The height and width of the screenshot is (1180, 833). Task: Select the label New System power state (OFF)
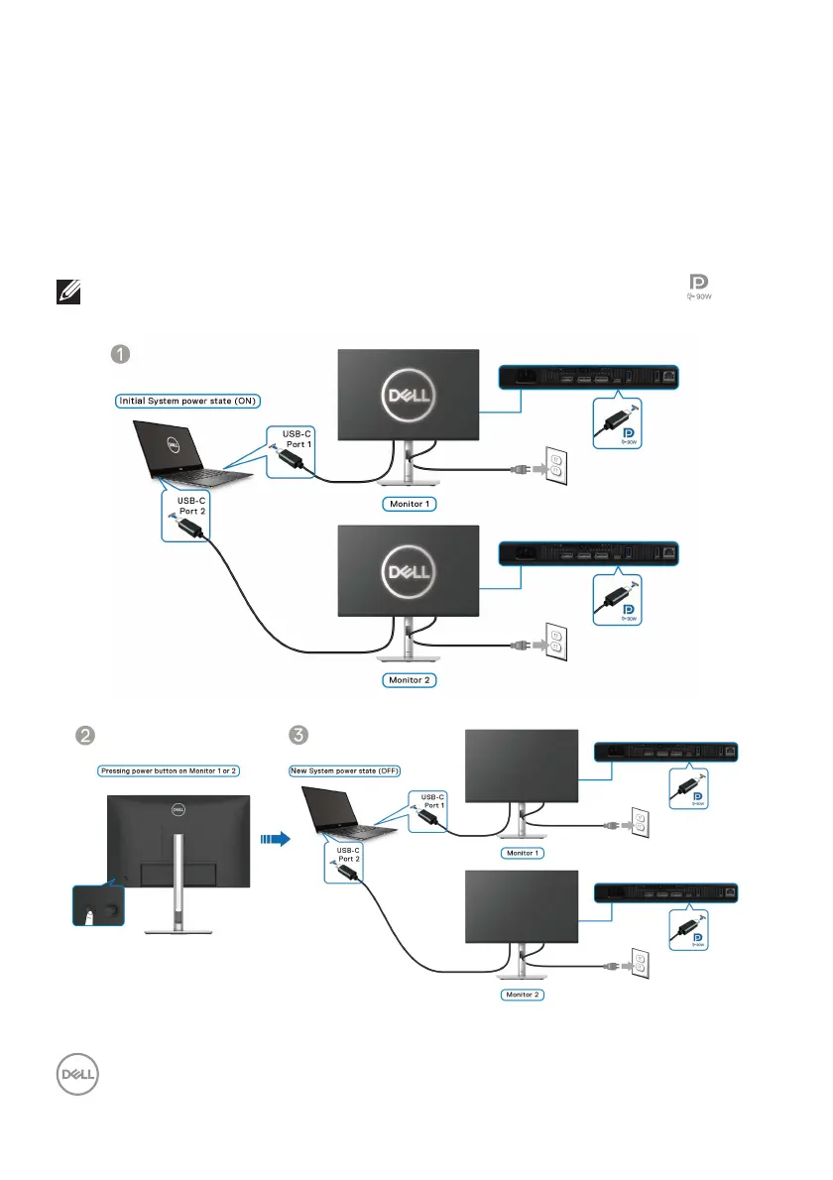pos(345,770)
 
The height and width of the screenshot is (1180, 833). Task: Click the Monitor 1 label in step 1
pos(410,503)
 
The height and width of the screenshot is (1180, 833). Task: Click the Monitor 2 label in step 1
pos(410,679)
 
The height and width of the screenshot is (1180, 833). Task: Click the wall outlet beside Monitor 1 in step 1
pos(554,467)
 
